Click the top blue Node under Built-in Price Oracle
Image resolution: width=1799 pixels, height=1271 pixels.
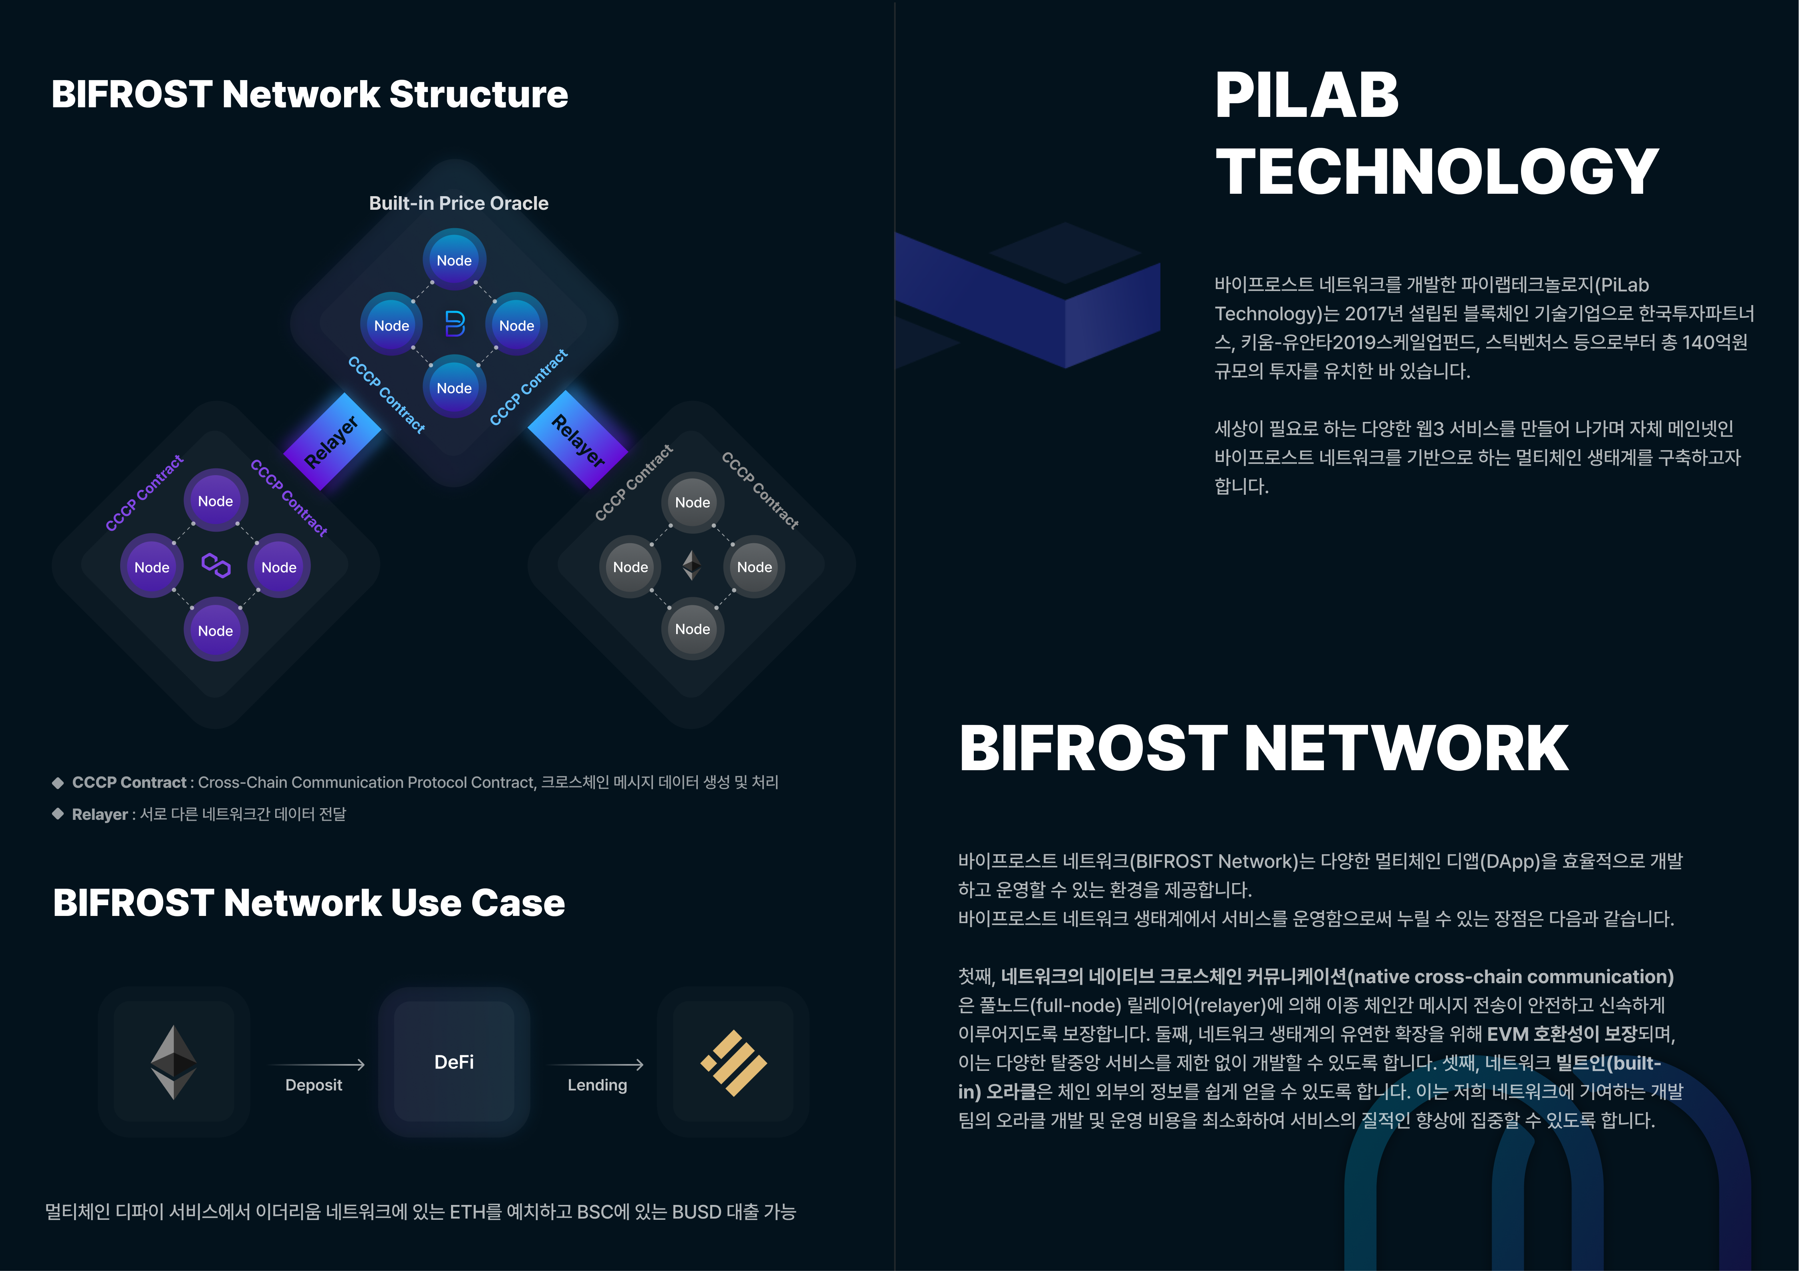coord(454,260)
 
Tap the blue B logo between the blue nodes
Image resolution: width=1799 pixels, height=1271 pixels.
coord(454,323)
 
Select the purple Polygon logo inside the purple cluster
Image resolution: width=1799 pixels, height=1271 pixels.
coord(216,564)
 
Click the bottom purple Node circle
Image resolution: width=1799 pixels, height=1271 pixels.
coord(216,630)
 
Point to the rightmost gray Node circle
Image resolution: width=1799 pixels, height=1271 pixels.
coord(755,567)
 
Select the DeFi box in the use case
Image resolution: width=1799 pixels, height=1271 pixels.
coord(454,1062)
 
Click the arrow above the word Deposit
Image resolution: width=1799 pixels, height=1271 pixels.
coord(317,1064)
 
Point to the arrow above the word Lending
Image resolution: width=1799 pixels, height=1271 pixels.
coord(597,1064)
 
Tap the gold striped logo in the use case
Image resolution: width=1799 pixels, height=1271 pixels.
coord(733,1063)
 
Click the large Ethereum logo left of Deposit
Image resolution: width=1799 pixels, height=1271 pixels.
coord(174,1062)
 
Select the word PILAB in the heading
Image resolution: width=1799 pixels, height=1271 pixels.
coord(1307,96)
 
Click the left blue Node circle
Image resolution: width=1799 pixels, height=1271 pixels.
coord(392,325)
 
